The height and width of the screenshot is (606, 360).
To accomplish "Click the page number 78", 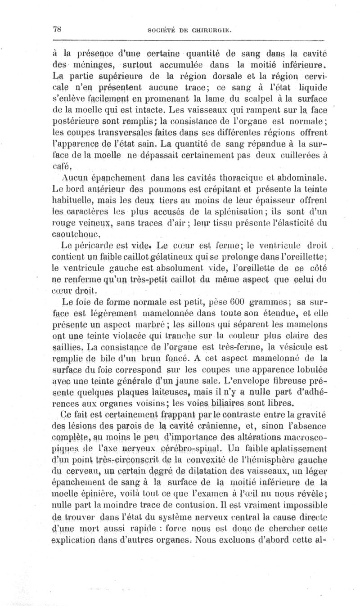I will (x=57, y=30).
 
